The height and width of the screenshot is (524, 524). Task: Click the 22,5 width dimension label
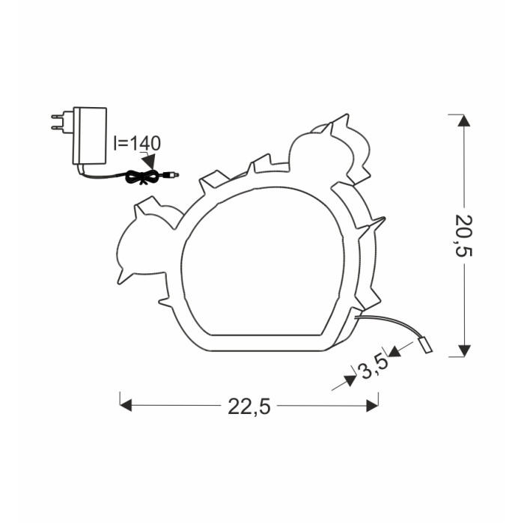tap(249, 406)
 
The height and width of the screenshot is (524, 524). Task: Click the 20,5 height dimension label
tap(463, 235)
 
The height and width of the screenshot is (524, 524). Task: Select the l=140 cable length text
tap(137, 143)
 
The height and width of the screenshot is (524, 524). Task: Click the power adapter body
tap(90, 136)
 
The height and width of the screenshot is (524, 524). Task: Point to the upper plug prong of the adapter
tap(57, 116)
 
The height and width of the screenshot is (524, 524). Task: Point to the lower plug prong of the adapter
tap(57, 127)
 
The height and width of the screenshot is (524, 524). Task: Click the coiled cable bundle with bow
tap(143, 177)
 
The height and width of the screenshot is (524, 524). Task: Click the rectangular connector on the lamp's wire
tap(425, 346)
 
